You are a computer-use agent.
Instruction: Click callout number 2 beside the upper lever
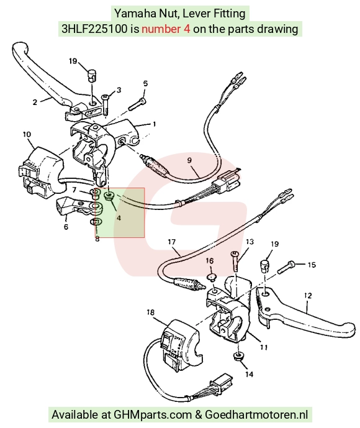[x=35, y=102]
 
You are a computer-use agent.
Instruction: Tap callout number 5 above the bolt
[x=145, y=83]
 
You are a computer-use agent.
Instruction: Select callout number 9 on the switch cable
[x=189, y=160]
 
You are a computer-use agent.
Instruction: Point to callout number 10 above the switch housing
[x=27, y=134]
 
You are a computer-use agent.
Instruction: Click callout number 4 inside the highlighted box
[x=119, y=218]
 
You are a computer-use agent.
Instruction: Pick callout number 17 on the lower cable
[x=172, y=242]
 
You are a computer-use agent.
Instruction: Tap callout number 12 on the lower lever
[x=308, y=296]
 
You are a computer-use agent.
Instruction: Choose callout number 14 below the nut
[x=250, y=374]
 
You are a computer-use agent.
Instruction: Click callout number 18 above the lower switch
[x=151, y=312]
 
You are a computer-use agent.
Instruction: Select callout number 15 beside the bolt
[x=312, y=265]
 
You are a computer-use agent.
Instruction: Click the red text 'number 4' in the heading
[x=166, y=29]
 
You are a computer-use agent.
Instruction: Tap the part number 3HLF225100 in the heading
[x=94, y=29]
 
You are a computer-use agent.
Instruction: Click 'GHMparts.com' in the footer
[x=153, y=414]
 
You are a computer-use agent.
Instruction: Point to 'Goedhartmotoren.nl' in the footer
[x=256, y=414]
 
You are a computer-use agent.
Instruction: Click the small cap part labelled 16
[x=210, y=278]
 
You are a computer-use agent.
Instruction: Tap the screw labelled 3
[x=106, y=104]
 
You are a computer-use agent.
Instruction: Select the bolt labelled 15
[x=286, y=268]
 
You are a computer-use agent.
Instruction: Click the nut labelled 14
[x=239, y=357]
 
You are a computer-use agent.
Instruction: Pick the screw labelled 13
[x=235, y=262]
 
